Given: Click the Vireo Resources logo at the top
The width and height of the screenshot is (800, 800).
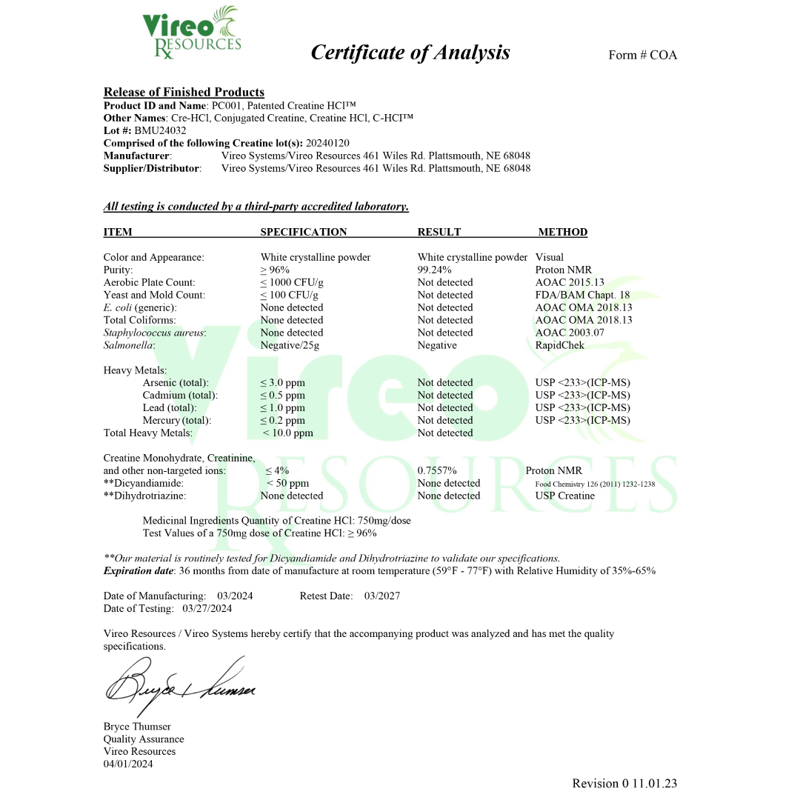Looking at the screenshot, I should (192, 34).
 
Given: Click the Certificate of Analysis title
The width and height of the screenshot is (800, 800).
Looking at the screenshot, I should (410, 53).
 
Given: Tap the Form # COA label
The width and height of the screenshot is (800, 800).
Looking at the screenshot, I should (642, 55).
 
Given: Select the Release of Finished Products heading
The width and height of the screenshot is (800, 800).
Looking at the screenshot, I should (184, 93).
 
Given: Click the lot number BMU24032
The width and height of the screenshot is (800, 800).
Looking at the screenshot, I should (160, 130).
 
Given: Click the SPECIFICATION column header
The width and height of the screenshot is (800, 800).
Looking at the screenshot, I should (304, 233).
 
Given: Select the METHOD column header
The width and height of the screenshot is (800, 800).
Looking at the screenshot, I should (562, 233).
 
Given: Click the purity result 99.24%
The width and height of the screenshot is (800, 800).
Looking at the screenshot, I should (435, 270).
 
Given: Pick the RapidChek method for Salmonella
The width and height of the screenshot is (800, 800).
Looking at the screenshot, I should (559, 345).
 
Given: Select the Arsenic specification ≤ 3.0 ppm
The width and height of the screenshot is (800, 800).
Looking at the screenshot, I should (282, 383).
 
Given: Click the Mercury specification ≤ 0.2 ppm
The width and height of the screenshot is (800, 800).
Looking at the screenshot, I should (282, 421).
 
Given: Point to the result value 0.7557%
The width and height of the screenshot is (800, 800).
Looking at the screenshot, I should (437, 471).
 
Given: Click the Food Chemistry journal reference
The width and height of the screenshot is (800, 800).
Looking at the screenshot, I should (595, 484).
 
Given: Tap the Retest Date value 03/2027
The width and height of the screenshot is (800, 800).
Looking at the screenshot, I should (382, 596).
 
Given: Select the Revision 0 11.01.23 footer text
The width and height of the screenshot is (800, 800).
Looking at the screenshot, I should (624, 784).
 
